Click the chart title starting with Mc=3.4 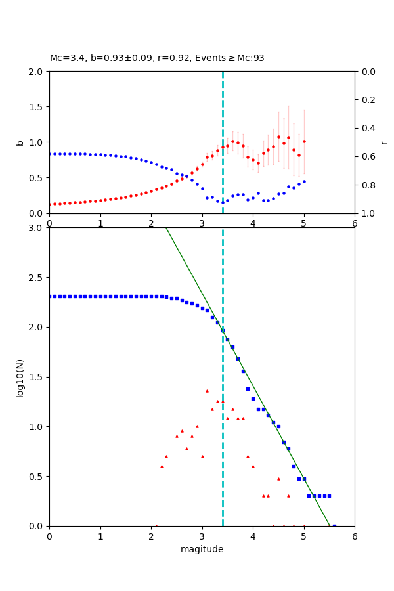tap(157, 58)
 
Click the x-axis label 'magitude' tap(202, 549)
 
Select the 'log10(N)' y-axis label tap(20, 377)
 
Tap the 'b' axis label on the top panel tap(20, 142)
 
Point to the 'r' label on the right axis tap(383, 142)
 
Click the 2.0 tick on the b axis tap(37, 72)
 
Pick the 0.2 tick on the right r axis tap(366, 100)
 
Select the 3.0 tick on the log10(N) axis tap(37, 228)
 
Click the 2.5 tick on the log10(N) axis tap(37, 278)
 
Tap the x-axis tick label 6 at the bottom tap(355, 536)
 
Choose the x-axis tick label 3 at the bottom tap(202, 536)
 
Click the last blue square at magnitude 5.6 tap(334, 525)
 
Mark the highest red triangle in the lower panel tap(207, 391)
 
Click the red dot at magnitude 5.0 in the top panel tap(304, 141)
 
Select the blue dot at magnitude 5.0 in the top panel tap(304, 181)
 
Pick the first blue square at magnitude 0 tap(50, 296)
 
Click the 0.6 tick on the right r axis tap(366, 156)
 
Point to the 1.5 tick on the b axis tap(37, 107)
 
